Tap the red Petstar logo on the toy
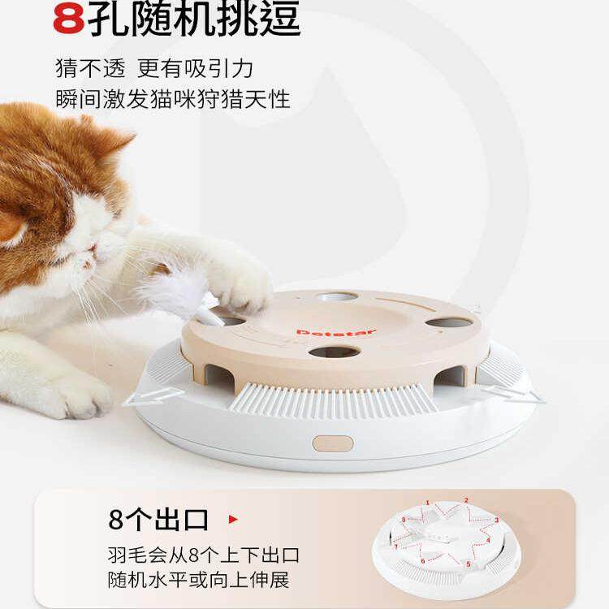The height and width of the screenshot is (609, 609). (x=336, y=331)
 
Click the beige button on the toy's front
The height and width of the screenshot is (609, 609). (x=333, y=443)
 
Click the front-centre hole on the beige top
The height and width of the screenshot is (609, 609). (x=334, y=352)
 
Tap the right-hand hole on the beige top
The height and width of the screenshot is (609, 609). (x=449, y=322)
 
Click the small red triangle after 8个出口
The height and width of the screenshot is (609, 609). (x=233, y=518)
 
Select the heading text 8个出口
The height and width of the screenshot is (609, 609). (x=158, y=519)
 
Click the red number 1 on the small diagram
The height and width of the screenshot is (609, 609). (x=427, y=503)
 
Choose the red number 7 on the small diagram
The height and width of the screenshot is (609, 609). (x=396, y=546)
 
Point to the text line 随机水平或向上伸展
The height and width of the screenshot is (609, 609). (x=198, y=580)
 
